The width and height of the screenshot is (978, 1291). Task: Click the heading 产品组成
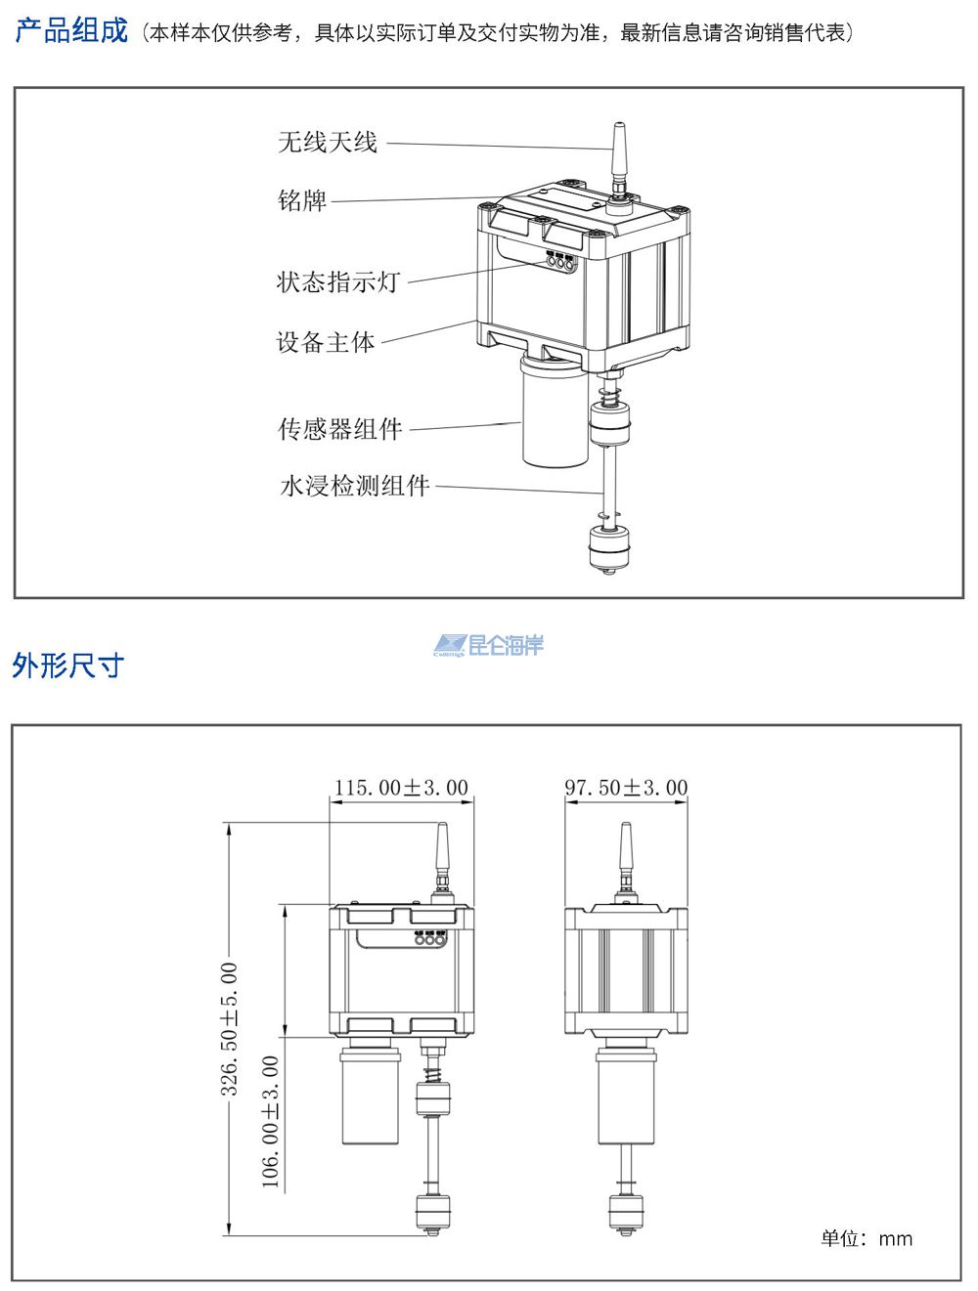tap(71, 31)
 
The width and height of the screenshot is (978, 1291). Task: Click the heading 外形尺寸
tap(68, 666)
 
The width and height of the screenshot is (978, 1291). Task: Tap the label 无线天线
tap(327, 143)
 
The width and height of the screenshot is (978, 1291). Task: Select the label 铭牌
tap(302, 201)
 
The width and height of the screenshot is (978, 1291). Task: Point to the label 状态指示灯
tap(338, 282)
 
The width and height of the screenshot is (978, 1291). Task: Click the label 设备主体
tap(326, 342)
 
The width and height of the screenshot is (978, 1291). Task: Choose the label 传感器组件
tap(339, 429)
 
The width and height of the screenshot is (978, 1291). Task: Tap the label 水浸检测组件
tap(354, 486)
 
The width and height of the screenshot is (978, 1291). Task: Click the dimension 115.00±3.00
tap(401, 788)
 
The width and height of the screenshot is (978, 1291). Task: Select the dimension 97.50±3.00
tap(626, 788)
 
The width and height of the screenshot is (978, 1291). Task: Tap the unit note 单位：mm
tap(866, 1239)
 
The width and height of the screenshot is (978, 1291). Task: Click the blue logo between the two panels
tap(489, 645)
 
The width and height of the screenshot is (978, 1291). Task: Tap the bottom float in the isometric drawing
tap(608, 548)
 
